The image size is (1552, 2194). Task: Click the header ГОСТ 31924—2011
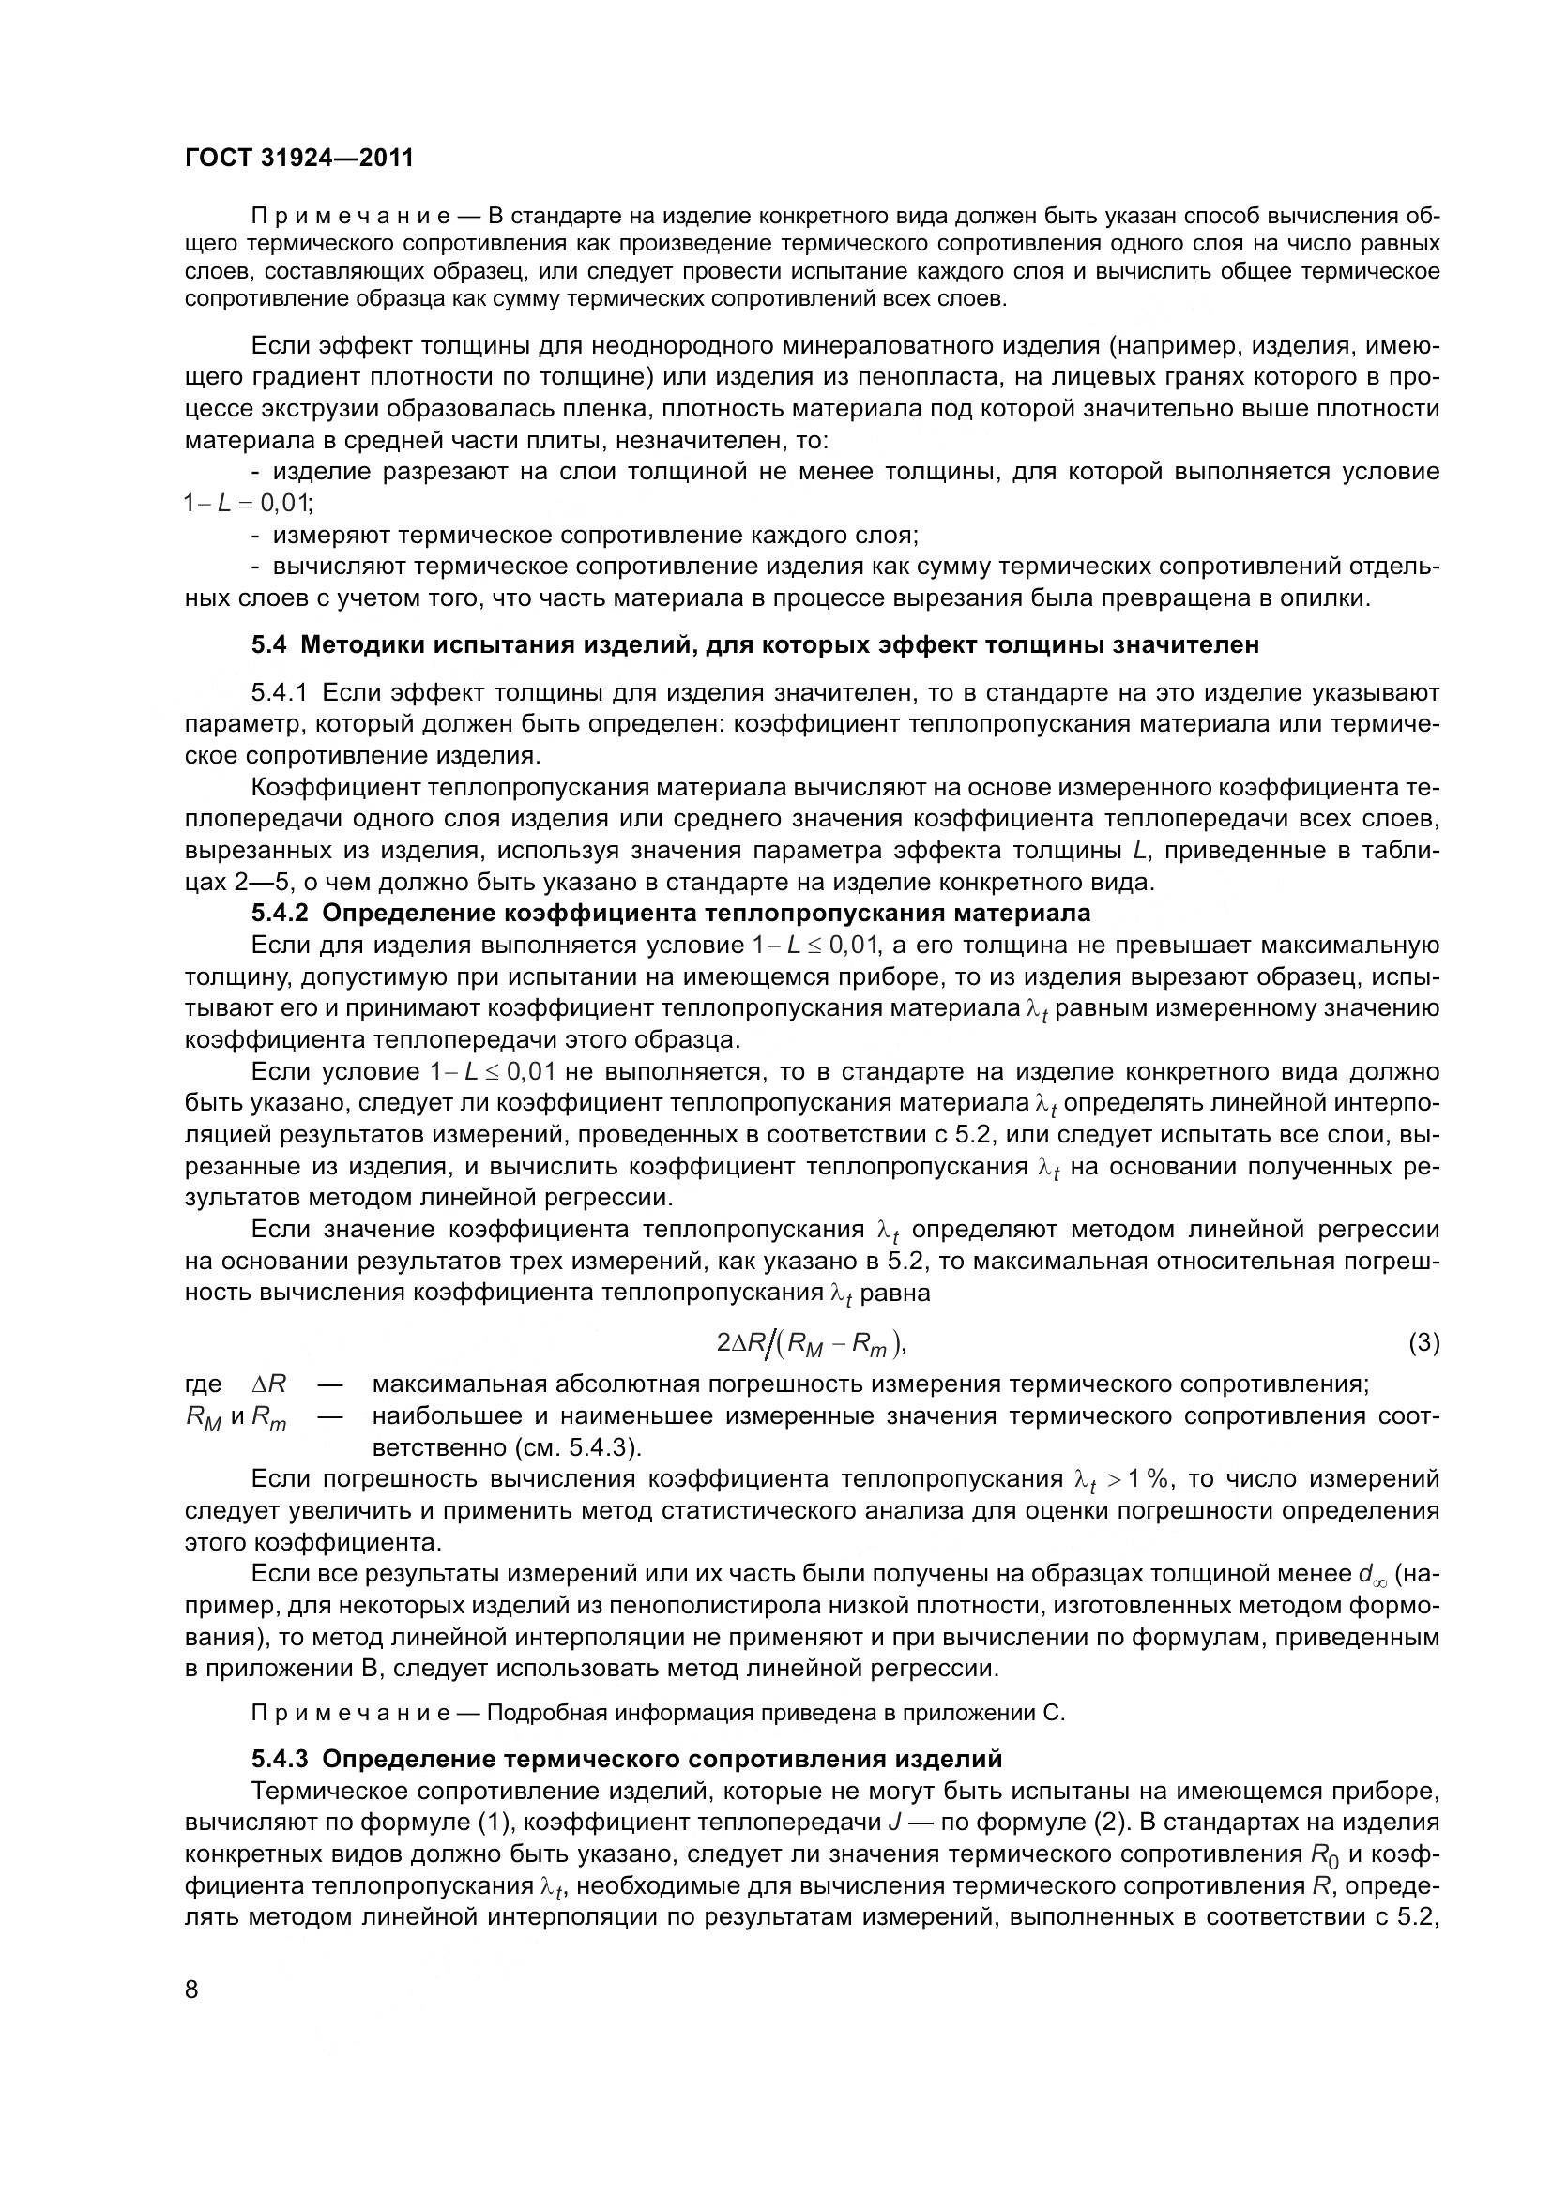click(x=299, y=158)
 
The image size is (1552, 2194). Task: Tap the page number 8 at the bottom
click(x=192, y=1989)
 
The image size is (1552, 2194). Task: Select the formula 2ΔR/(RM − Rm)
click(x=811, y=1344)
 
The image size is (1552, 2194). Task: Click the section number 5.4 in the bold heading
click(x=268, y=645)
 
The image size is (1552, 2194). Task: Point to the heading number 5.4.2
click(x=280, y=913)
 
